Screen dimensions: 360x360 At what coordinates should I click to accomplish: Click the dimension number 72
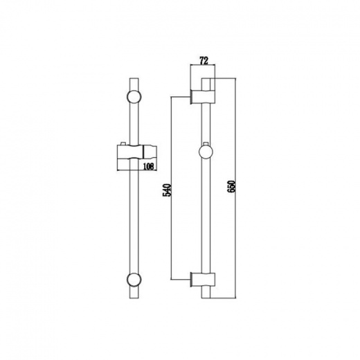(204, 61)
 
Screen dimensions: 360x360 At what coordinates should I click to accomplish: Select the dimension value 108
(148, 166)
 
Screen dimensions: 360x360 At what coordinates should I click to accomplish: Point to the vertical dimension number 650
(231, 187)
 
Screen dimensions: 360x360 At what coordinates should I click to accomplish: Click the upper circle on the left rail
(134, 96)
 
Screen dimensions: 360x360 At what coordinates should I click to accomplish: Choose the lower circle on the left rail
(134, 280)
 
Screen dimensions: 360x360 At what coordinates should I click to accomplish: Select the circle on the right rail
(206, 152)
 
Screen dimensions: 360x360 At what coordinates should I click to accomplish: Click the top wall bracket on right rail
(203, 96)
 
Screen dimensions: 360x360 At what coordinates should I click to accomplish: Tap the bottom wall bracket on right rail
(203, 280)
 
